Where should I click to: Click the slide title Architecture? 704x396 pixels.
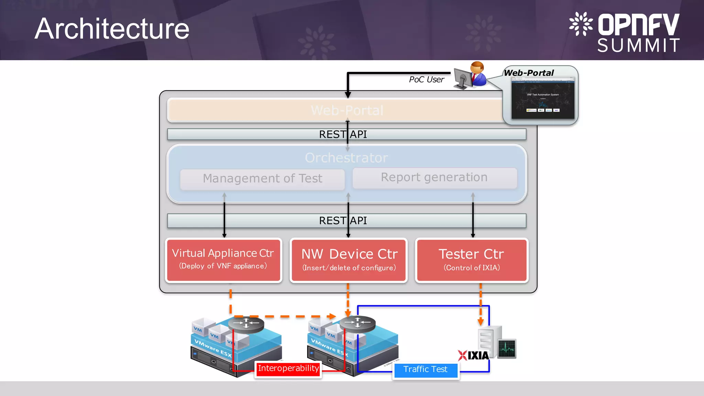pos(112,29)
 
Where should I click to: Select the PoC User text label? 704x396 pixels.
pos(426,80)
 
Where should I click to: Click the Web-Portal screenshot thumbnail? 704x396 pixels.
pos(543,98)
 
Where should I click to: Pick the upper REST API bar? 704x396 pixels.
pos(346,134)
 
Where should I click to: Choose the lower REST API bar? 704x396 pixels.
pos(346,221)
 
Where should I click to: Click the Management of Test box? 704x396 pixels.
pos(262,179)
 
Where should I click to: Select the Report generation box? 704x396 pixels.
pos(434,178)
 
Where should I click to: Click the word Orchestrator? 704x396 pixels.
pos(346,158)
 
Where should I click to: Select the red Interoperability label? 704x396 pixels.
pos(288,369)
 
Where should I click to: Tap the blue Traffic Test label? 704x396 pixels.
pos(425,370)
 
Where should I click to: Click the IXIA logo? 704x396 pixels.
pos(473,355)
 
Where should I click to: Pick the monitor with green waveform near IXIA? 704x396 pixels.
pos(507,349)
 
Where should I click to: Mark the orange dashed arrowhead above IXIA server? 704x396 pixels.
pos(481,322)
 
